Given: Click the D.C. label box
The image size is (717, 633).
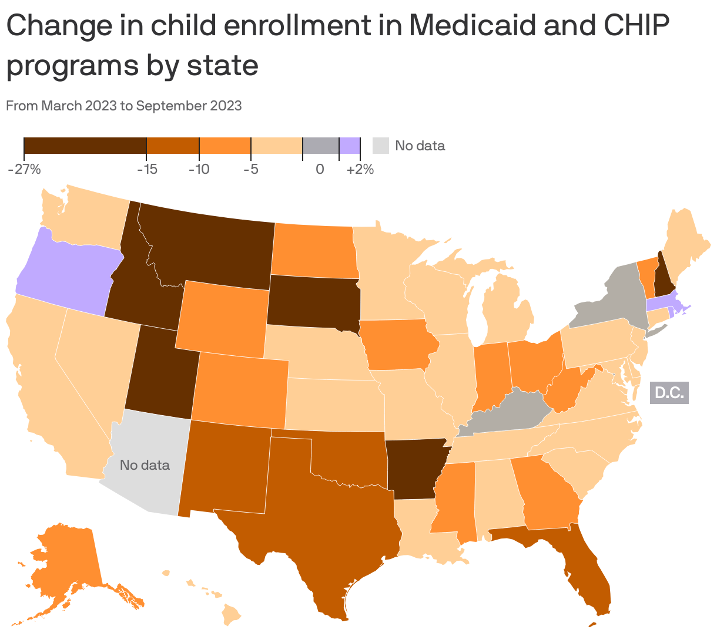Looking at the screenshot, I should [669, 393].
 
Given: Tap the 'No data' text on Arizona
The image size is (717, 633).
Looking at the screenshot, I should [145, 465].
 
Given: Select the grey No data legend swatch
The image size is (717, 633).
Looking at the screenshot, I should [381, 145].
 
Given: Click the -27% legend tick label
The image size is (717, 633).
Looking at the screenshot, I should [24, 170].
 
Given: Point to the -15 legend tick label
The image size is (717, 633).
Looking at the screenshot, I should [147, 170].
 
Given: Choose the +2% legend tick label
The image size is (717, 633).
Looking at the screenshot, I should [360, 170].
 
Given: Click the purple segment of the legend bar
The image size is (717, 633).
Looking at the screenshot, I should [350, 145].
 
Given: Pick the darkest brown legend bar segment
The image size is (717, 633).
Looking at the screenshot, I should [85, 145].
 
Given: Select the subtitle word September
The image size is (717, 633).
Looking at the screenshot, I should [170, 106].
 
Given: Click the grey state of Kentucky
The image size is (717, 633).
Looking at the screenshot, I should [505, 414].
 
